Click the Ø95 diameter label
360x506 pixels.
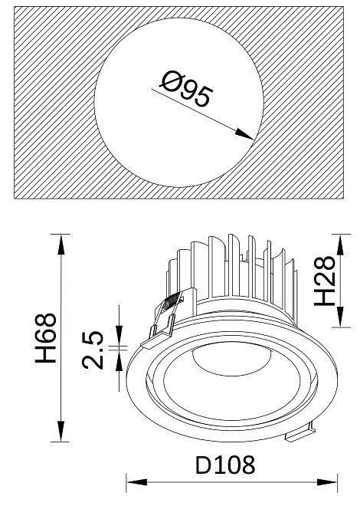(x=187, y=89)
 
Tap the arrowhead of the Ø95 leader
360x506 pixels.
(x=244, y=134)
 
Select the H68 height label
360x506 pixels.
(x=45, y=338)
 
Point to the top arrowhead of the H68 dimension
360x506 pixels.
(x=61, y=245)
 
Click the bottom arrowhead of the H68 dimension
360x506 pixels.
(x=61, y=431)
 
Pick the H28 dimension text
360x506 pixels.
(x=325, y=281)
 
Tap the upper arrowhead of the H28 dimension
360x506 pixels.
(x=341, y=245)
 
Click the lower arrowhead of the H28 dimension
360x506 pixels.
(x=341, y=317)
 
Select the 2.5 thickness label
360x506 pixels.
(x=93, y=350)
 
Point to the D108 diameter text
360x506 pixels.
(x=225, y=465)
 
